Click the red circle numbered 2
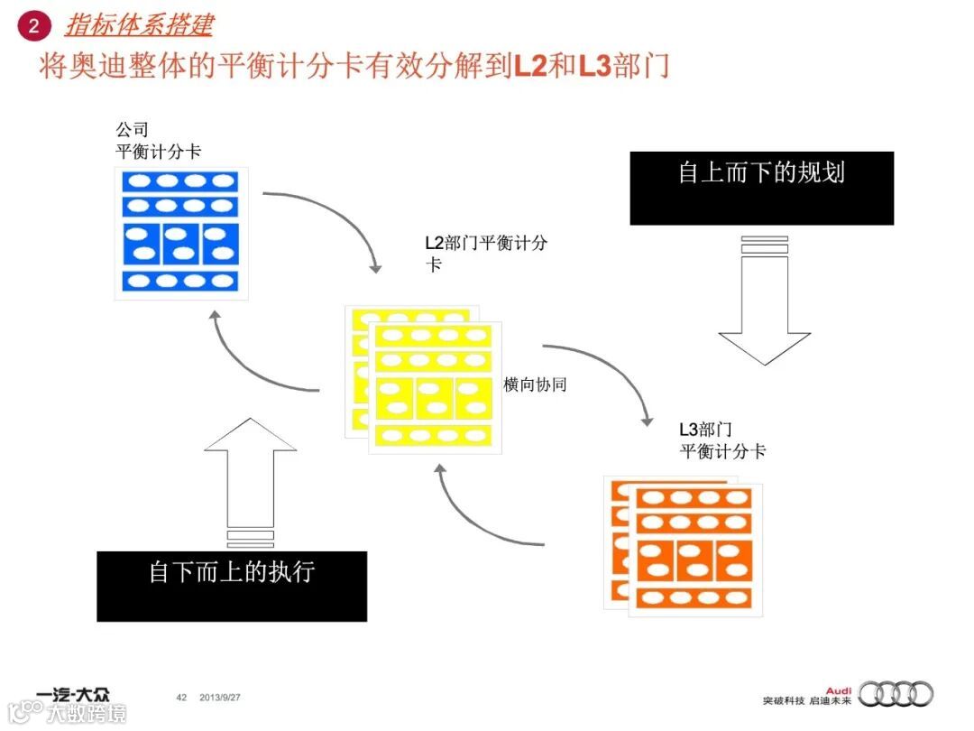(34, 25)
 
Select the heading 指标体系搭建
(139, 24)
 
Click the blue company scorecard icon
(180, 232)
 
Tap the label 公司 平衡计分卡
(158, 141)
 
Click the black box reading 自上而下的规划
(761, 188)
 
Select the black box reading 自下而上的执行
(232, 586)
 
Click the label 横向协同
(535, 384)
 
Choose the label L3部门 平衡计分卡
(722, 440)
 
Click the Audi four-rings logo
(895, 694)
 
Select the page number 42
(181, 698)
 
